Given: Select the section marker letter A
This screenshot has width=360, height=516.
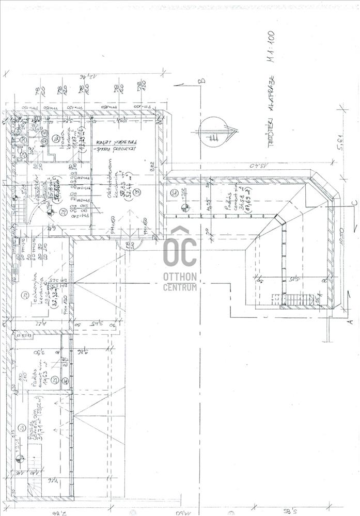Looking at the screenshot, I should pos(349,321).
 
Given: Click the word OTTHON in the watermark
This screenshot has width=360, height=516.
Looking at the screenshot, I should pos(180,277).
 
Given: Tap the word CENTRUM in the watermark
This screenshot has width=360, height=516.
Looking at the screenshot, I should pos(180,287).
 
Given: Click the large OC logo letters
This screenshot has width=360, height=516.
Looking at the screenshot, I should pos(180,252).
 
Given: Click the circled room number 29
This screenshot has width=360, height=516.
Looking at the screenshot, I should pos(23,295).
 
